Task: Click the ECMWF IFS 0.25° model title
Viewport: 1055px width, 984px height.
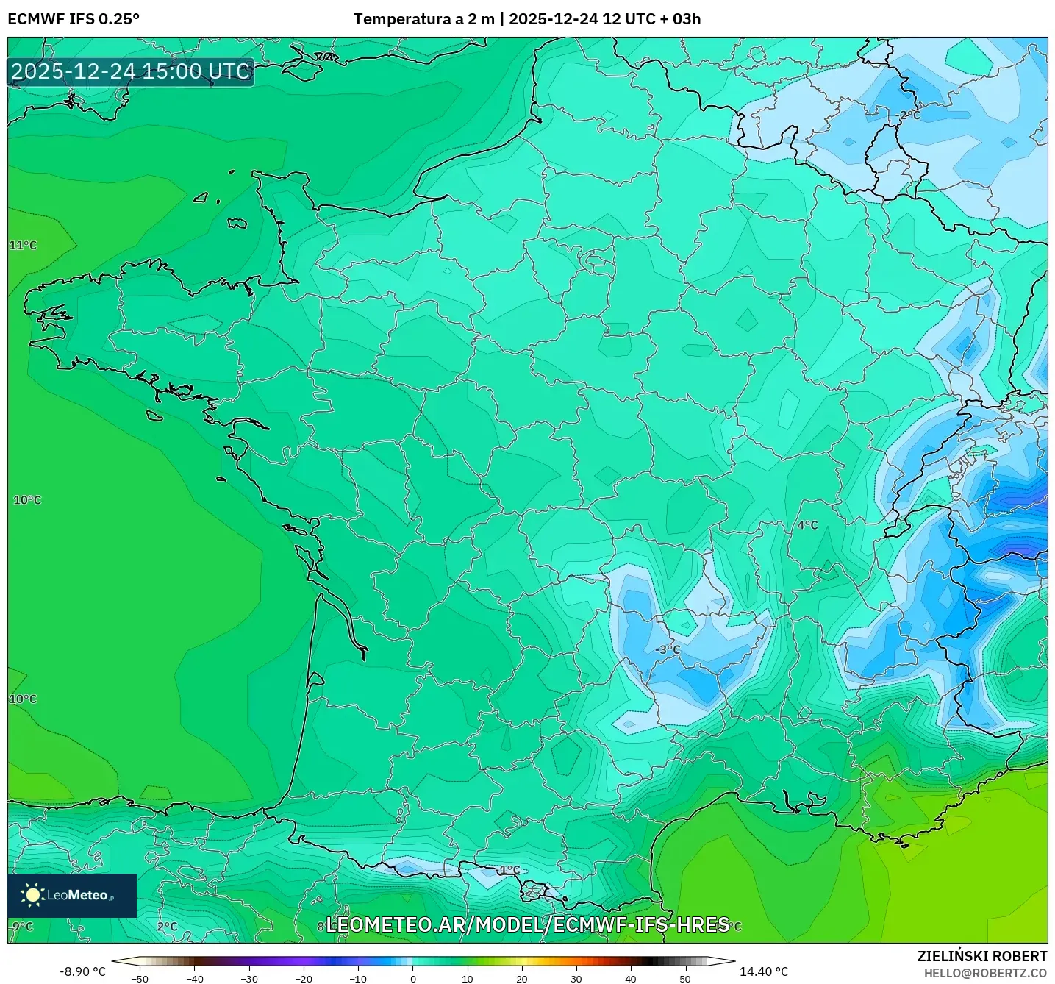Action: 74,19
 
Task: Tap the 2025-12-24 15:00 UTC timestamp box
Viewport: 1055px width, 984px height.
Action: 131,71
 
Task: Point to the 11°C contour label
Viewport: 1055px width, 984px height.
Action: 23,245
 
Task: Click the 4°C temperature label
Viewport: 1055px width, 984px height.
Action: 807,524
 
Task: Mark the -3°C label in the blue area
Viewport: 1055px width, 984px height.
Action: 668,649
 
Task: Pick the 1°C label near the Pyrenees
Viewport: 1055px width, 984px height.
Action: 509,870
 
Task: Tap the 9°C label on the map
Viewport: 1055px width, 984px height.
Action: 23,927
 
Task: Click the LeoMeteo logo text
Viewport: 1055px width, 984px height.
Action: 79,895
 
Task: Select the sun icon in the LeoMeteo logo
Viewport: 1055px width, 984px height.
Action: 32,894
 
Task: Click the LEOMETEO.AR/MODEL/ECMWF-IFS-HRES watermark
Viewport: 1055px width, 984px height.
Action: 527,924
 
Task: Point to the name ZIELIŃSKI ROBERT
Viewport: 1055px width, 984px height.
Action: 981,956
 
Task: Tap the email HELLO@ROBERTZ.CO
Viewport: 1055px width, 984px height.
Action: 984,973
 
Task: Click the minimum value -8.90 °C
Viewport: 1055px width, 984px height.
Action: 82,971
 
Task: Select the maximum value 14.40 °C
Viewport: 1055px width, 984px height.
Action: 764,971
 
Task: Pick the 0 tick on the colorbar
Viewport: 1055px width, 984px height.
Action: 413,978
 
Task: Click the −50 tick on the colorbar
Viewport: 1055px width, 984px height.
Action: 139,978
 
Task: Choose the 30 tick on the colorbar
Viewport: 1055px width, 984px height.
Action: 576,978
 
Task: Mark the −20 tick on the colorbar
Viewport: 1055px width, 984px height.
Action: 304,978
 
